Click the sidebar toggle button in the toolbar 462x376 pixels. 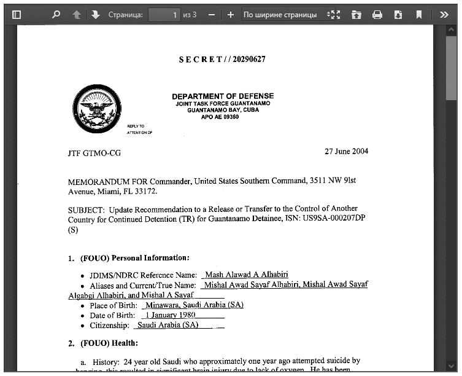click(16, 14)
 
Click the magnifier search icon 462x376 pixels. click(56, 14)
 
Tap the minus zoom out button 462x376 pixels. click(212, 14)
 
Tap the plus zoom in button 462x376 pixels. click(230, 14)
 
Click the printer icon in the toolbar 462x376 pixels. click(377, 14)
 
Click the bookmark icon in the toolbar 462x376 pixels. click(419, 14)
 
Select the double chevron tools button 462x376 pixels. click(444, 14)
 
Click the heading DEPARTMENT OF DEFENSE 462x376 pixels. click(223, 96)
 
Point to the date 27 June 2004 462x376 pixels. click(346, 151)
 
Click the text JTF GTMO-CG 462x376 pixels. click(94, 153)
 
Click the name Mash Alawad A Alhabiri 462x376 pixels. click(247, 275)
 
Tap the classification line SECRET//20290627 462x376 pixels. click(222, 60)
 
